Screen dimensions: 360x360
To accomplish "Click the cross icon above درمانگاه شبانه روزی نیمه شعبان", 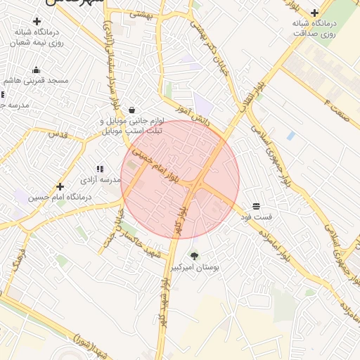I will click(x=37, y=21).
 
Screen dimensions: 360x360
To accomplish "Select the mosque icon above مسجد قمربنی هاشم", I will click(x=37, y=70).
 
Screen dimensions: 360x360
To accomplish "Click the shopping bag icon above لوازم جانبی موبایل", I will click(x=132, y=110).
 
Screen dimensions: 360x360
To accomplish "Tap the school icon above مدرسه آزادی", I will click(x=100, y=169).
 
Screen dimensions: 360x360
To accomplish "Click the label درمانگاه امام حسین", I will click(x=60, y=198).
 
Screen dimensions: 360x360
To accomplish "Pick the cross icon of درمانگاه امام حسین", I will click(x=60, y=187).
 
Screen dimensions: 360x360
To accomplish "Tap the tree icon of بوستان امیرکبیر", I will click(x=195, y=256).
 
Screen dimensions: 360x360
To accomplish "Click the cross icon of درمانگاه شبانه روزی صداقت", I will click(x=314, y=12).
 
